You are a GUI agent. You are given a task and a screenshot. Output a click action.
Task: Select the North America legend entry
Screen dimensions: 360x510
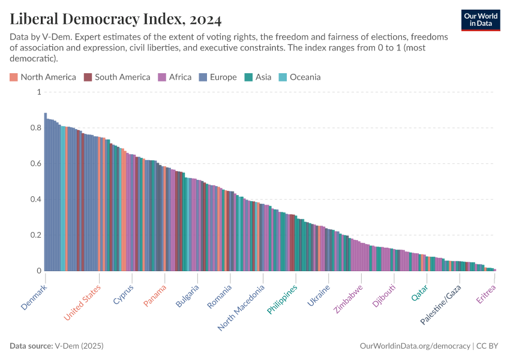pyautogui.click(x=43, y=77)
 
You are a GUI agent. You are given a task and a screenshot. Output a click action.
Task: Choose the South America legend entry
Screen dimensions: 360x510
pyautogui.click(x=117, y=77)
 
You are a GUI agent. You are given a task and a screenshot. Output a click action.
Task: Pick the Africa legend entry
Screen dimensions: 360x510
pyautogui.click(x=175, y=77)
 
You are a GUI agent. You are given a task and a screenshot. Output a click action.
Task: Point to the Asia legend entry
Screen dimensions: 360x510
pyautogui.click(x=258, y=77)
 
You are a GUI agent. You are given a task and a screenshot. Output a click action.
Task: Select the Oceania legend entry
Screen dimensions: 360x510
pyautogui.click(x=299, y=77)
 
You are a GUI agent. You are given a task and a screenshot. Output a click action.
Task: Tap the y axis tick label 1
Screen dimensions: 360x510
pyautogui.click(x=38, y=92)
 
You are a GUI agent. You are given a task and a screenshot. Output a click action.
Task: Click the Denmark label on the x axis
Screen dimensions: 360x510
pyautogui.click(x=34, y=297)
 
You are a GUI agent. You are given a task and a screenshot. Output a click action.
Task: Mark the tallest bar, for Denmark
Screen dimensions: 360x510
pyautogui.click(x=46, y=192)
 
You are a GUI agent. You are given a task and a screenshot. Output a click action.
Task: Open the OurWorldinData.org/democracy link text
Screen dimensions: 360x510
pyautogui.click(x=415, y=346)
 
